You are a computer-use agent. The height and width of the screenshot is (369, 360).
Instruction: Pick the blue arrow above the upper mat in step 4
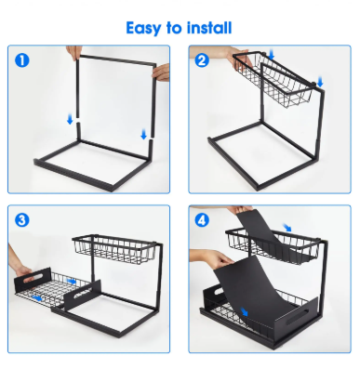[287, 227]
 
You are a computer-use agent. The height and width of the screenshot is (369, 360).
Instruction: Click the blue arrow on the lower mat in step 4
[244, 311]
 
